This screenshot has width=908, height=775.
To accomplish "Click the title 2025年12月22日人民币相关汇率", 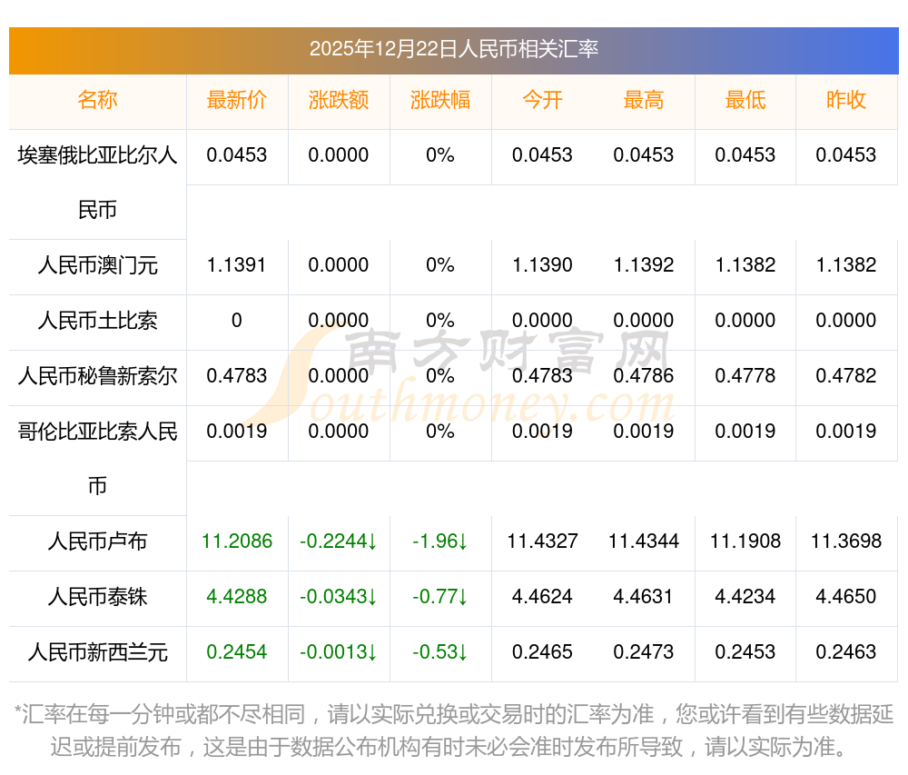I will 453,49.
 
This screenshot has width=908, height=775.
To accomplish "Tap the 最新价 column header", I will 237,101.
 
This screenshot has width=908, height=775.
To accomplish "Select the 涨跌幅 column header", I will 440,101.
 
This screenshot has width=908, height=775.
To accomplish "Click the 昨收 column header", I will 846,101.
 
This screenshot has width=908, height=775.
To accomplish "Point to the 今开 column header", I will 542,101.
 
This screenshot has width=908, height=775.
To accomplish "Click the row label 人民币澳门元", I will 98,265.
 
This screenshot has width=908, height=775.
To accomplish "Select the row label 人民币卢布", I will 98,542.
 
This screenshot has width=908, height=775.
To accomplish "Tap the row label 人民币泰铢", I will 98,598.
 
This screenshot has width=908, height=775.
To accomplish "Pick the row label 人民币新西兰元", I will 98,652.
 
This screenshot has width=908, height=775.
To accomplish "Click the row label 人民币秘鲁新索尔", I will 98,376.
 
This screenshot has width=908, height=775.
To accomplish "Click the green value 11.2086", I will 237,542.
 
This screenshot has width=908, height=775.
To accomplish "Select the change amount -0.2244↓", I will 339,542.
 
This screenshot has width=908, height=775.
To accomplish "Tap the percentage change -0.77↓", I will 440,598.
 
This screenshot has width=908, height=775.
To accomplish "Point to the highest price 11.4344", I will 644,542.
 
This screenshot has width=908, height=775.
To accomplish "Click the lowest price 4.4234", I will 745,598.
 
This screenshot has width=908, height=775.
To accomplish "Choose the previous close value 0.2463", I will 846,652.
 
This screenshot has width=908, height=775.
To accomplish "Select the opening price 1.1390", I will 542,265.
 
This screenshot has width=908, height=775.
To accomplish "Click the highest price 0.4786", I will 644,376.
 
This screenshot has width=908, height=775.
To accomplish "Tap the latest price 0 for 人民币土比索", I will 237,321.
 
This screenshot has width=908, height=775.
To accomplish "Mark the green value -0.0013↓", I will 339,652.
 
